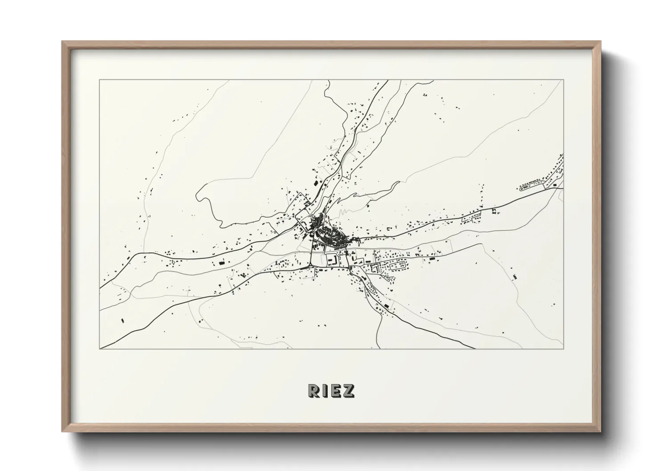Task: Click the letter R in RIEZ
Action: click(x=313, y=390)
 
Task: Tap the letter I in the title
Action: click(x=325, y=390)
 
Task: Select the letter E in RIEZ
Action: click(x=336, y=390)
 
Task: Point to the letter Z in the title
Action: click(x=349, y=390)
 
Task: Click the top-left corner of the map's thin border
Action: click(x=100, y=80)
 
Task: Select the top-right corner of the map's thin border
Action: click(x=563, y=80)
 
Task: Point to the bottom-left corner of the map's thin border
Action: click(x=100, y=349)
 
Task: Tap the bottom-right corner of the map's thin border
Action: click(x=563, y=349)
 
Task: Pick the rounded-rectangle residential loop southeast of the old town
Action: click(x=399, y=266)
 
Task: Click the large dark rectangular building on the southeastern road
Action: click(x=386, y=306)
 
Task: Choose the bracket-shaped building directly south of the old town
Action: click(x=332, y=260)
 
